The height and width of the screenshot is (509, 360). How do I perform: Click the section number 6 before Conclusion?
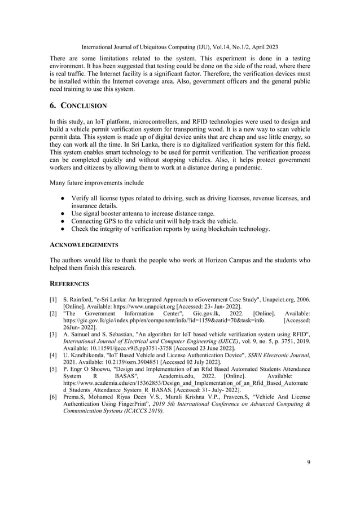pos(53,106)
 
